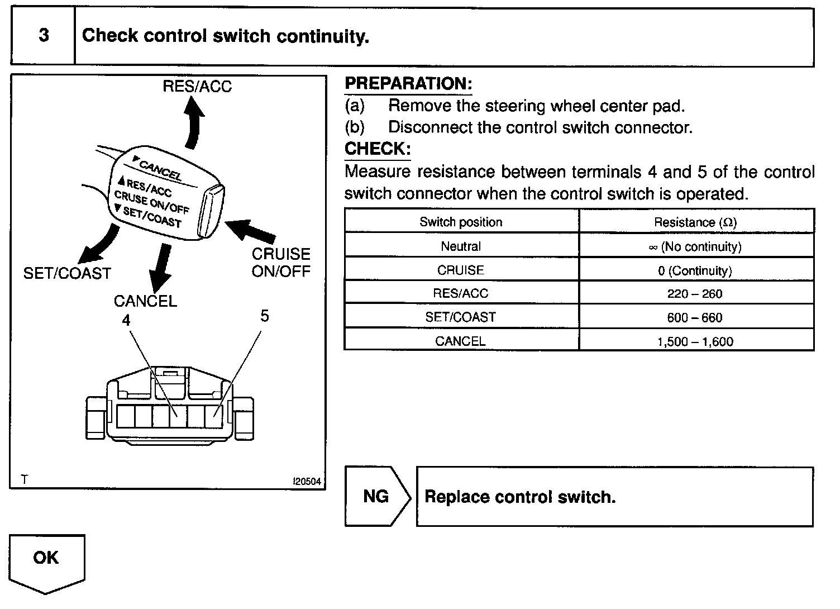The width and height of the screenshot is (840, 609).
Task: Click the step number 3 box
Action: click(x=43, y=36)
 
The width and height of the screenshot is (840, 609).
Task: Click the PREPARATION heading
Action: click(x=408, y=84)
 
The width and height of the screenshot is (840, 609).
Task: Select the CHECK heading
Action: click(x=378, y=149)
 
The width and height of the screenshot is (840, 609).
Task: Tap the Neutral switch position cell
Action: click(x=461, y=246)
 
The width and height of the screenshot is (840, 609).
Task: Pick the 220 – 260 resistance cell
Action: click(x=695, y=294)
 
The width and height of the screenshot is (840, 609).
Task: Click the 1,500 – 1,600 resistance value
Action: click(x=695, y=341)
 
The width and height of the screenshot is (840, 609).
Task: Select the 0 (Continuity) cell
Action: click(x=695, y=271)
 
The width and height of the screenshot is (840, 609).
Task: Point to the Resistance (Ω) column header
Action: click(x=695, y=222)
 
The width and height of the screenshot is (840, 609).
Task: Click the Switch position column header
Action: click(x=461, y=222)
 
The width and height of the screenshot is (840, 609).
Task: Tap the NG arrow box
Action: click(x=377, y=496)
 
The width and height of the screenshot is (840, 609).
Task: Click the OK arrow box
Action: click(x=46, y=562)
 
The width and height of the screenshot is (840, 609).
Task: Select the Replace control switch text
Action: click(x=520, y=497)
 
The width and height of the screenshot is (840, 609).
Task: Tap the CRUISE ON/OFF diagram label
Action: click(x=280, y=262)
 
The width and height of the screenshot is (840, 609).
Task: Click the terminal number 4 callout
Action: click(x=126, y=320)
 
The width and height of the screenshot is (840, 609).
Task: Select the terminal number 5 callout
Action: click(x=265, y=316)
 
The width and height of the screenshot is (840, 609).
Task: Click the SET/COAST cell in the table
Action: click(x=461, y=317)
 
